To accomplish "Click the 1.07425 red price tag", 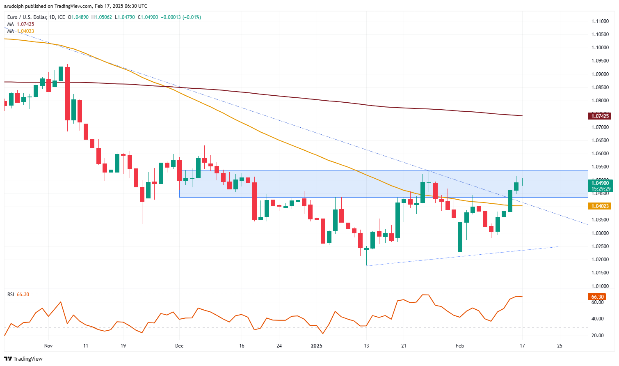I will (600, 116).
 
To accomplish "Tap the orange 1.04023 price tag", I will (600, 206).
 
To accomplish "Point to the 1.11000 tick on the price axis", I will (600, 21).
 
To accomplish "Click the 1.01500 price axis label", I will (600, 273).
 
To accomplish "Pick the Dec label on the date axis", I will (179, 346).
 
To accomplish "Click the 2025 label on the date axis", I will (316, 346).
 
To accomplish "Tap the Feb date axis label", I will (460, 346).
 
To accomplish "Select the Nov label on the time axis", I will (48, 346).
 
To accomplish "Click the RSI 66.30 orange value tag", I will (597, 297).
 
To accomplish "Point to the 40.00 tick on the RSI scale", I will (597, 319).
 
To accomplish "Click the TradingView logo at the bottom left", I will (24, 359).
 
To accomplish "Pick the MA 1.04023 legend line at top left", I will (21, 31).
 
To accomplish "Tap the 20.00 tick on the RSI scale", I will (597, 336).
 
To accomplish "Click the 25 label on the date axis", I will (560, 346).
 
